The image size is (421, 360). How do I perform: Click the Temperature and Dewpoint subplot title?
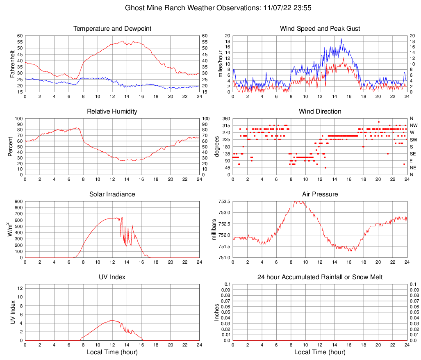(112, 29)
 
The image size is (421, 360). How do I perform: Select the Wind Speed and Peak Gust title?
(320, 29)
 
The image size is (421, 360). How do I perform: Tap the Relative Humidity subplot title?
(112, 112)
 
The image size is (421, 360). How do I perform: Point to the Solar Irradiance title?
(112, 194)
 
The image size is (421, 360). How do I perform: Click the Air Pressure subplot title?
(320, 194)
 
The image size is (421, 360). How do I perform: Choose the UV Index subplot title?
(112, 277)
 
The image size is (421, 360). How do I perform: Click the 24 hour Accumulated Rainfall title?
(320, 277)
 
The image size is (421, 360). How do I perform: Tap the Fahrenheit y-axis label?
(12, 64)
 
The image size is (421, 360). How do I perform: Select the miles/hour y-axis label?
(220, 64)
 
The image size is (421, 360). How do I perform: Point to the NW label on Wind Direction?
(413, 125)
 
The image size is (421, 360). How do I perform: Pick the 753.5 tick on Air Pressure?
(224, 201)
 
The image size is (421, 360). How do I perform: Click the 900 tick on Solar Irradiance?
(18, 201)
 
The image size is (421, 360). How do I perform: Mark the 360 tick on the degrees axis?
(226, 118)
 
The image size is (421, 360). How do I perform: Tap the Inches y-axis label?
(217, 312)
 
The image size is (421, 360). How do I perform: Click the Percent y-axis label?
(11, 146)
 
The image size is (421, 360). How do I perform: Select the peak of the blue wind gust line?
(341, 39)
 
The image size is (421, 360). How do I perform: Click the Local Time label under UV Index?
(112, 352)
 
